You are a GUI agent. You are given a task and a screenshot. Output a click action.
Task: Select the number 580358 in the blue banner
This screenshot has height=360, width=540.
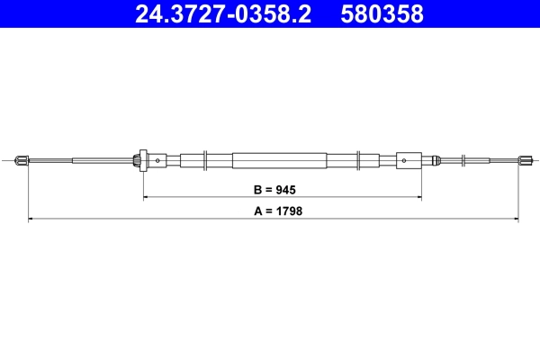pyautogui.click(x=381, y=14)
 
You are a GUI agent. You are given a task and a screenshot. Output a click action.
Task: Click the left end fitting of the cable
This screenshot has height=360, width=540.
pyautogui.click(x=23, y=161)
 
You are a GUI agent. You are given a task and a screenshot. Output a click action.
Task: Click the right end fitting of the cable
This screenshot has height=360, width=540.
pyautogui.click(x=523, y=161)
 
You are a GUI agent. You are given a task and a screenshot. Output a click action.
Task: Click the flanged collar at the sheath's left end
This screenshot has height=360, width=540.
pyautogui.click(x=139, y=161)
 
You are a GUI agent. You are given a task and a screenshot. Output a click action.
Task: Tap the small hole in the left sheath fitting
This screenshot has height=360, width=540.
pyautogui.click(x=157, y=161)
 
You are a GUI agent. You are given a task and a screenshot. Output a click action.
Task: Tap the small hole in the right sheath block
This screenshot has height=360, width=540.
pyautogui.click(x=404, y=161)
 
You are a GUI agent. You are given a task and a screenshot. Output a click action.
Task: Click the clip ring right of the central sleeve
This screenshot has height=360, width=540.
pyautogui.click(x=360, y=161)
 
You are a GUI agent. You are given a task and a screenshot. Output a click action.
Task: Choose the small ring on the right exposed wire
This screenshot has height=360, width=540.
pyautogui.click(x=463, y=161)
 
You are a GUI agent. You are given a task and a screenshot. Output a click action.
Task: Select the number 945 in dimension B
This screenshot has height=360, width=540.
pyautogui.click(x=284, y=190)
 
